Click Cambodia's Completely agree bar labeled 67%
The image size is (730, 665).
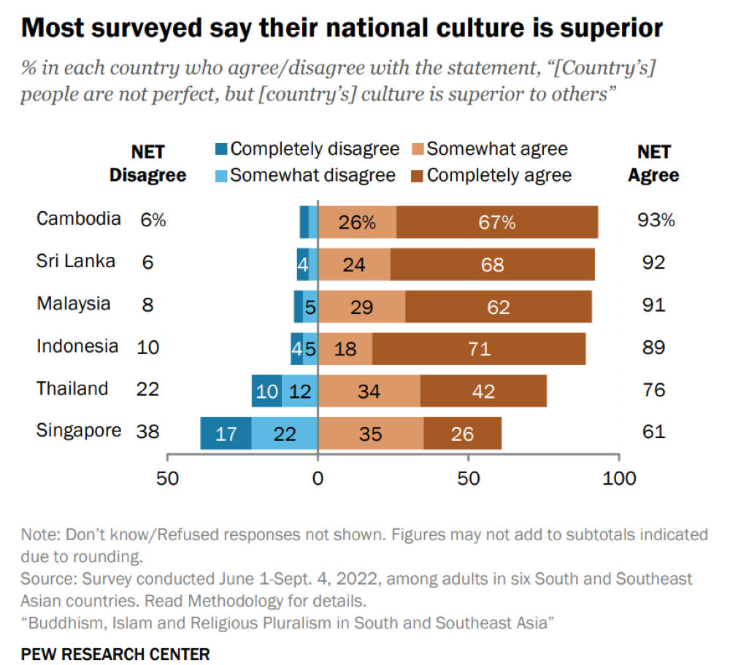(497, 222)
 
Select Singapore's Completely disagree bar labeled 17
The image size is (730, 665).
(226, 434)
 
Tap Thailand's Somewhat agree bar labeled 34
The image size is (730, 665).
(369, 391)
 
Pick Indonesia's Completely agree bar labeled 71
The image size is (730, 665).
(478, 349)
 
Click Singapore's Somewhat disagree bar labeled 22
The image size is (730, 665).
(285, 434)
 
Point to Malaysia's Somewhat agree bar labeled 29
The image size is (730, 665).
(361, 307)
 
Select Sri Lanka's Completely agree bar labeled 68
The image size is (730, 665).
(492, 264)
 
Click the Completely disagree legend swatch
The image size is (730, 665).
(220, 150)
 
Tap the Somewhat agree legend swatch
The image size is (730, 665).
(417, 150)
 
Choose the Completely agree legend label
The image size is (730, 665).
(499, 175)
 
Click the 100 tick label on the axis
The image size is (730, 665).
(619, 479)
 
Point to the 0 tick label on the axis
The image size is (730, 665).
(318, 479)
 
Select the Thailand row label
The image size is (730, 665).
(72, 388)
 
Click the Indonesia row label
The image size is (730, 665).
(77, 346)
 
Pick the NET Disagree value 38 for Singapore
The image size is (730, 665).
(147, 432)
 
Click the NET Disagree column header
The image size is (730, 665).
(147, 164)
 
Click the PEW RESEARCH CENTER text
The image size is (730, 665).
(115, 652)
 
